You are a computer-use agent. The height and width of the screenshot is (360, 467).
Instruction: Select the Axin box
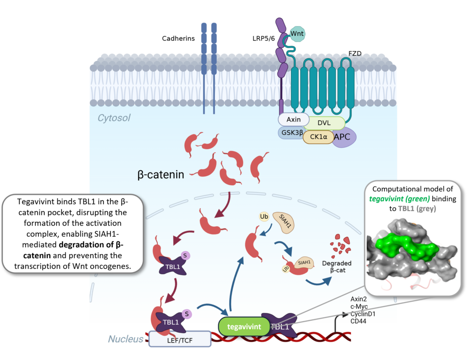293,120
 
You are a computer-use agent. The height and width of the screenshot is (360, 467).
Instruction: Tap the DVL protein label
324,123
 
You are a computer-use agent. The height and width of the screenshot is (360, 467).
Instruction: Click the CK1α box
318,136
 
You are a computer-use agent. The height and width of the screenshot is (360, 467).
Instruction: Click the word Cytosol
114,118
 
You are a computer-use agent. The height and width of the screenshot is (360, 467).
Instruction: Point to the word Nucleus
126,339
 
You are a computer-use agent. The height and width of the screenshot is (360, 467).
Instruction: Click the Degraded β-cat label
337,266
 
